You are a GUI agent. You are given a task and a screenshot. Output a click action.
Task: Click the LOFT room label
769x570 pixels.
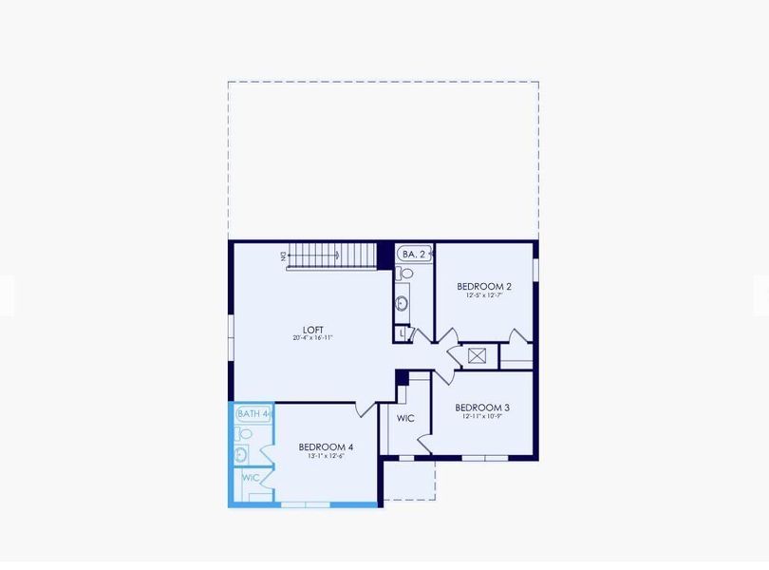[x=312, y=330]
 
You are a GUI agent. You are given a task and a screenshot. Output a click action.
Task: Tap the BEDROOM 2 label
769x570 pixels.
[x=483, y=286]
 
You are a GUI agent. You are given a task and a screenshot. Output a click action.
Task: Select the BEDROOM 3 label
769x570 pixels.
[x=482, y=408]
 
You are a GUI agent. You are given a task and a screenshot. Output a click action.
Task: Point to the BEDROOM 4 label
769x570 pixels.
[x=326, y=447]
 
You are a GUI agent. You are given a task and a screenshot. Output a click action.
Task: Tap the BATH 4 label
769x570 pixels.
[x=253, y=413]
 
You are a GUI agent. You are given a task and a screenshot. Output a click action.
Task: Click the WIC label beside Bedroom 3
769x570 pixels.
[x=405, y=418]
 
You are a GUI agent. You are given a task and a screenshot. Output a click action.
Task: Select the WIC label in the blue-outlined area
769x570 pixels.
[x=251, y=478]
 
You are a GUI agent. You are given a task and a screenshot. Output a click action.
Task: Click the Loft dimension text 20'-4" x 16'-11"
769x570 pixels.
[x=312, y=338]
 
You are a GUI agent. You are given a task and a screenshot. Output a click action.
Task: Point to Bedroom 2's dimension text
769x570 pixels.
[x=483, y=295]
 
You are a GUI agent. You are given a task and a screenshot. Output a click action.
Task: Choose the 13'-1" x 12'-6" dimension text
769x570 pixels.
[x=326, y=456]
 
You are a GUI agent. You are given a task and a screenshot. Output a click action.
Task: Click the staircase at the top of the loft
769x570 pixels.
[x=332, y=256]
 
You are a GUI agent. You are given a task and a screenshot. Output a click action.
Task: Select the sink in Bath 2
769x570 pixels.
[x=403, y=304]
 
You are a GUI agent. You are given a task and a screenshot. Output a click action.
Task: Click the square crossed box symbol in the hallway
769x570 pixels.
[x=477, y=357]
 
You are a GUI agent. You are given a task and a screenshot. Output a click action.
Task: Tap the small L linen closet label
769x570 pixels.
[x=403, y=333]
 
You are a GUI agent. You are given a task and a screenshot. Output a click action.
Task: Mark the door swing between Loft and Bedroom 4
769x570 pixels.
[x=365, y=409]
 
